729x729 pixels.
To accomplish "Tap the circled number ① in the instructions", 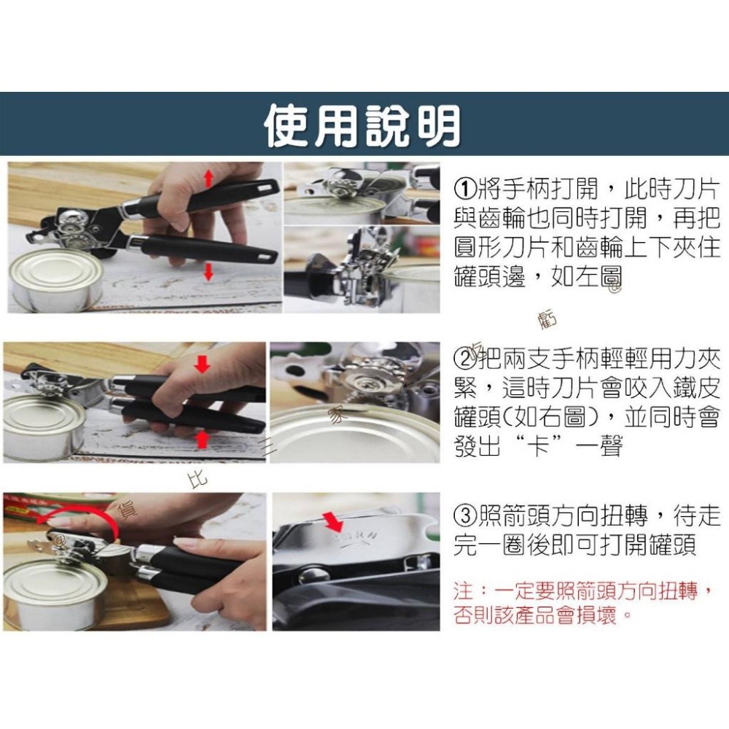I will pos(464,190).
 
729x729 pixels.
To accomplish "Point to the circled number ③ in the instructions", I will pos(464,517).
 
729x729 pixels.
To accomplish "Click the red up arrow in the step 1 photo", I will pos(208,177).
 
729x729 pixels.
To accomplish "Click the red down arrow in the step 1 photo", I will pos(208,272).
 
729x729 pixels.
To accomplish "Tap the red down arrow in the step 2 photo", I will pos(202,364).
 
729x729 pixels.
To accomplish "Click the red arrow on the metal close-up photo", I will pos(332,521).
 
